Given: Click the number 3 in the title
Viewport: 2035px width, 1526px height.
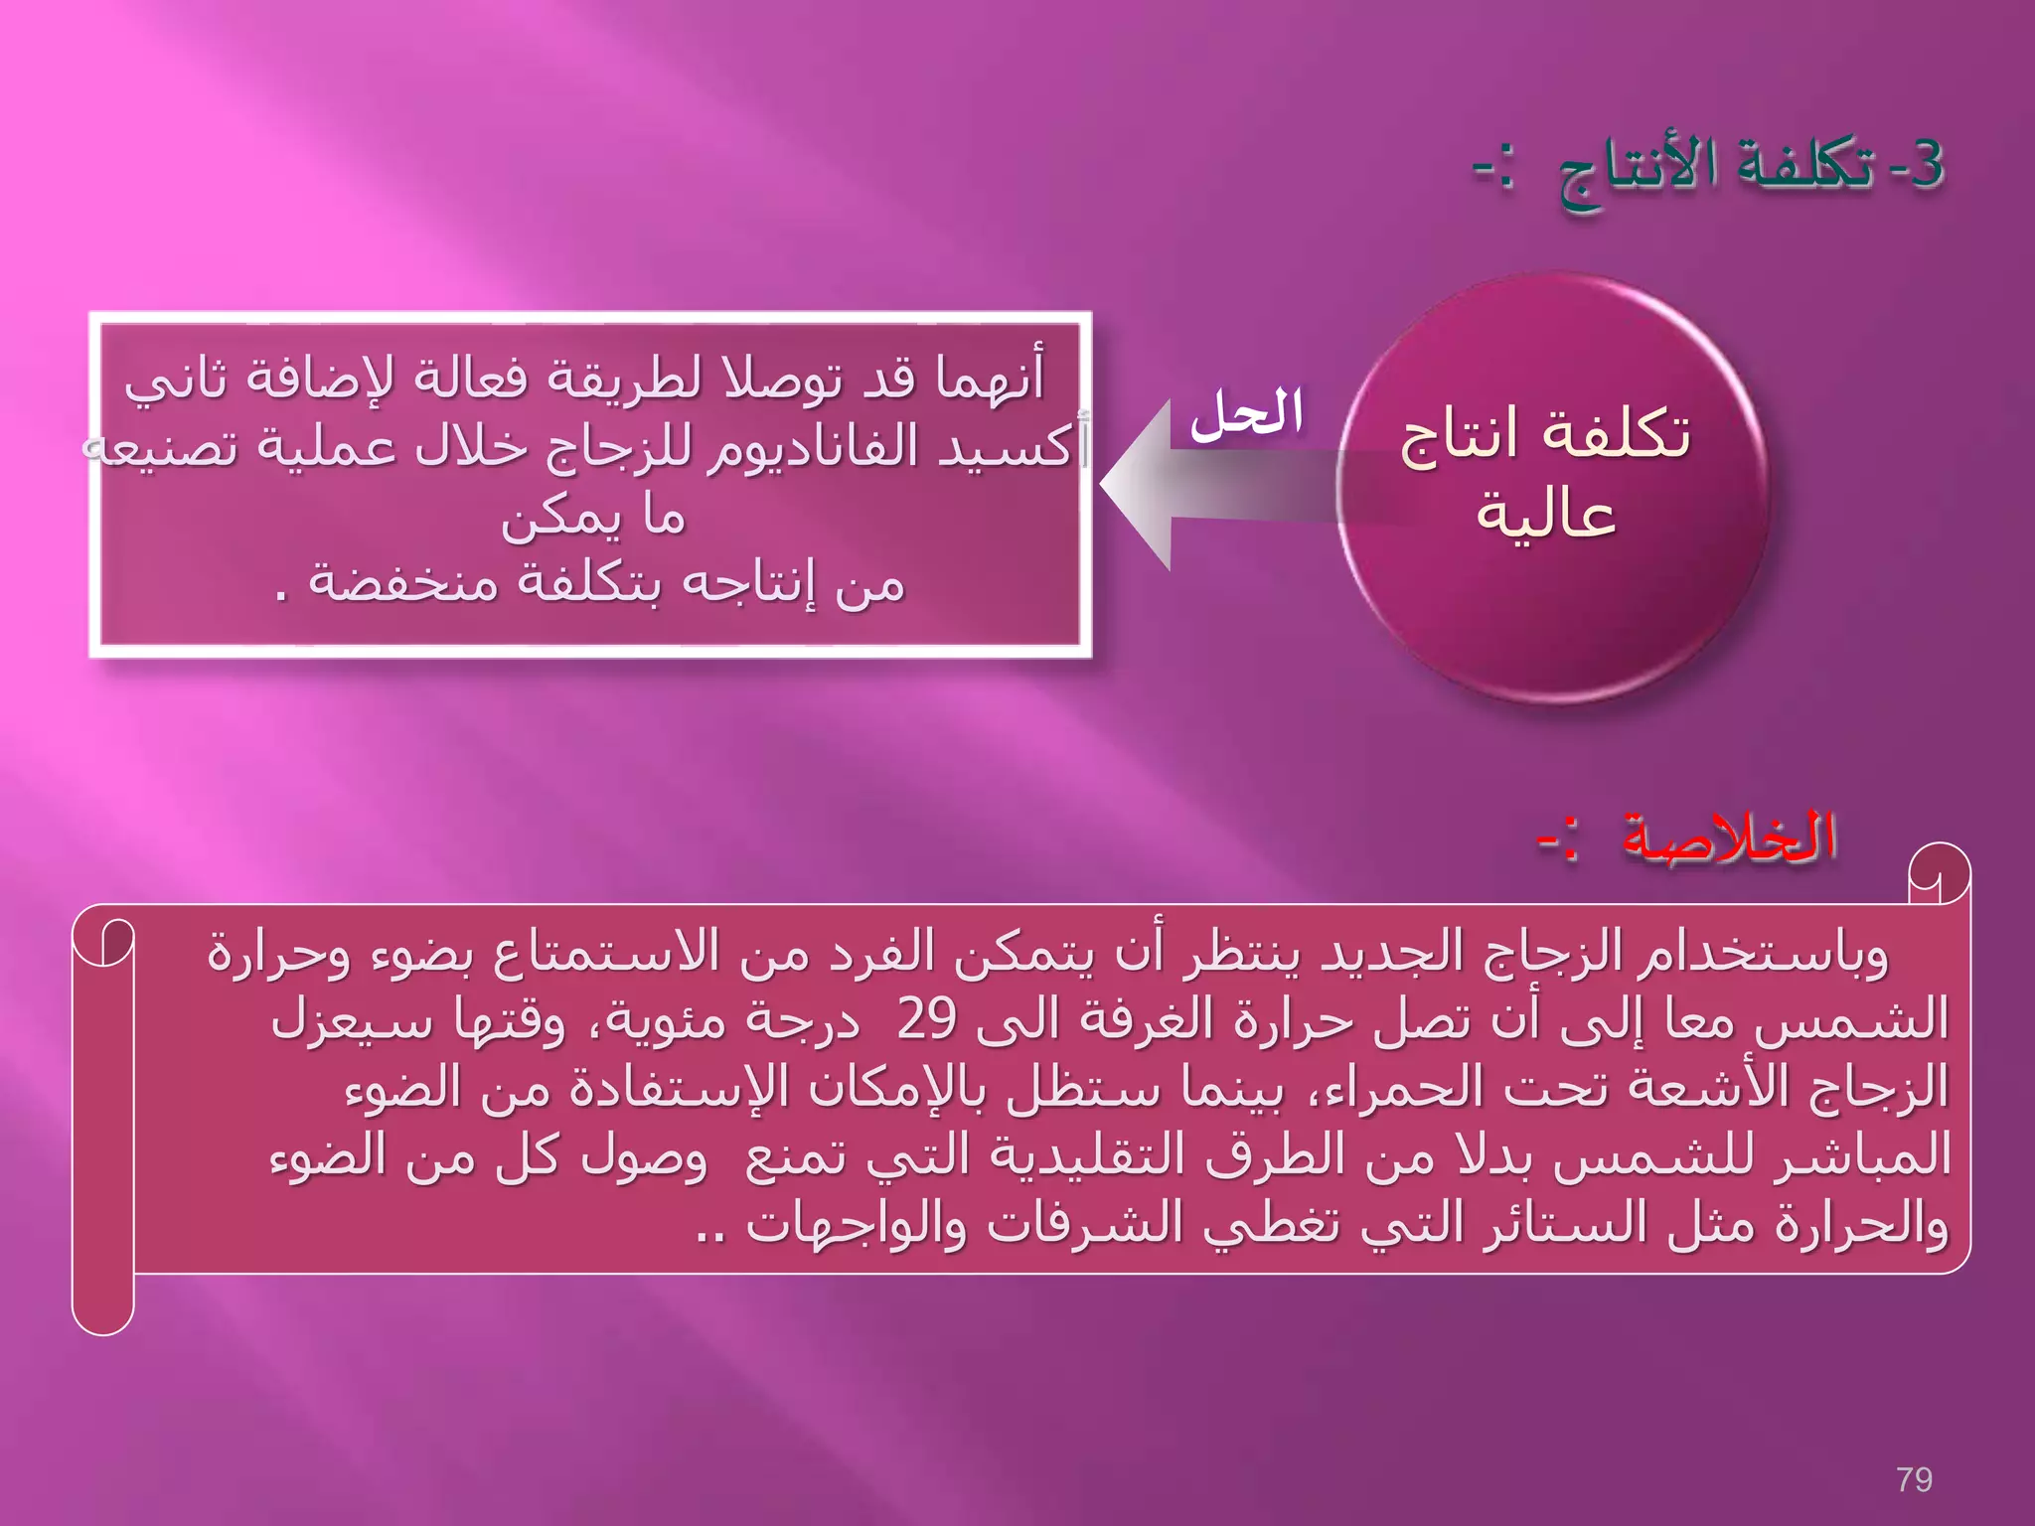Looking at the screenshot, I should [x=1926, y=164].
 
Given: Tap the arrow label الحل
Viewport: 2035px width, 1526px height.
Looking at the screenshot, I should [x=1247, y=415].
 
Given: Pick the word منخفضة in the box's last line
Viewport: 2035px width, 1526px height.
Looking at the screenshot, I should [x=403, y=581].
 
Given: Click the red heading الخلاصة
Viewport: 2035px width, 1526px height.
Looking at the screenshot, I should [x=1729, y=838].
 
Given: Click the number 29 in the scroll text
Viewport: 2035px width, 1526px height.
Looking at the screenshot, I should [x=926, y=1018].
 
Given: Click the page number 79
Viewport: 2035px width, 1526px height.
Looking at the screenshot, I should [x=1914, y=1479].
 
